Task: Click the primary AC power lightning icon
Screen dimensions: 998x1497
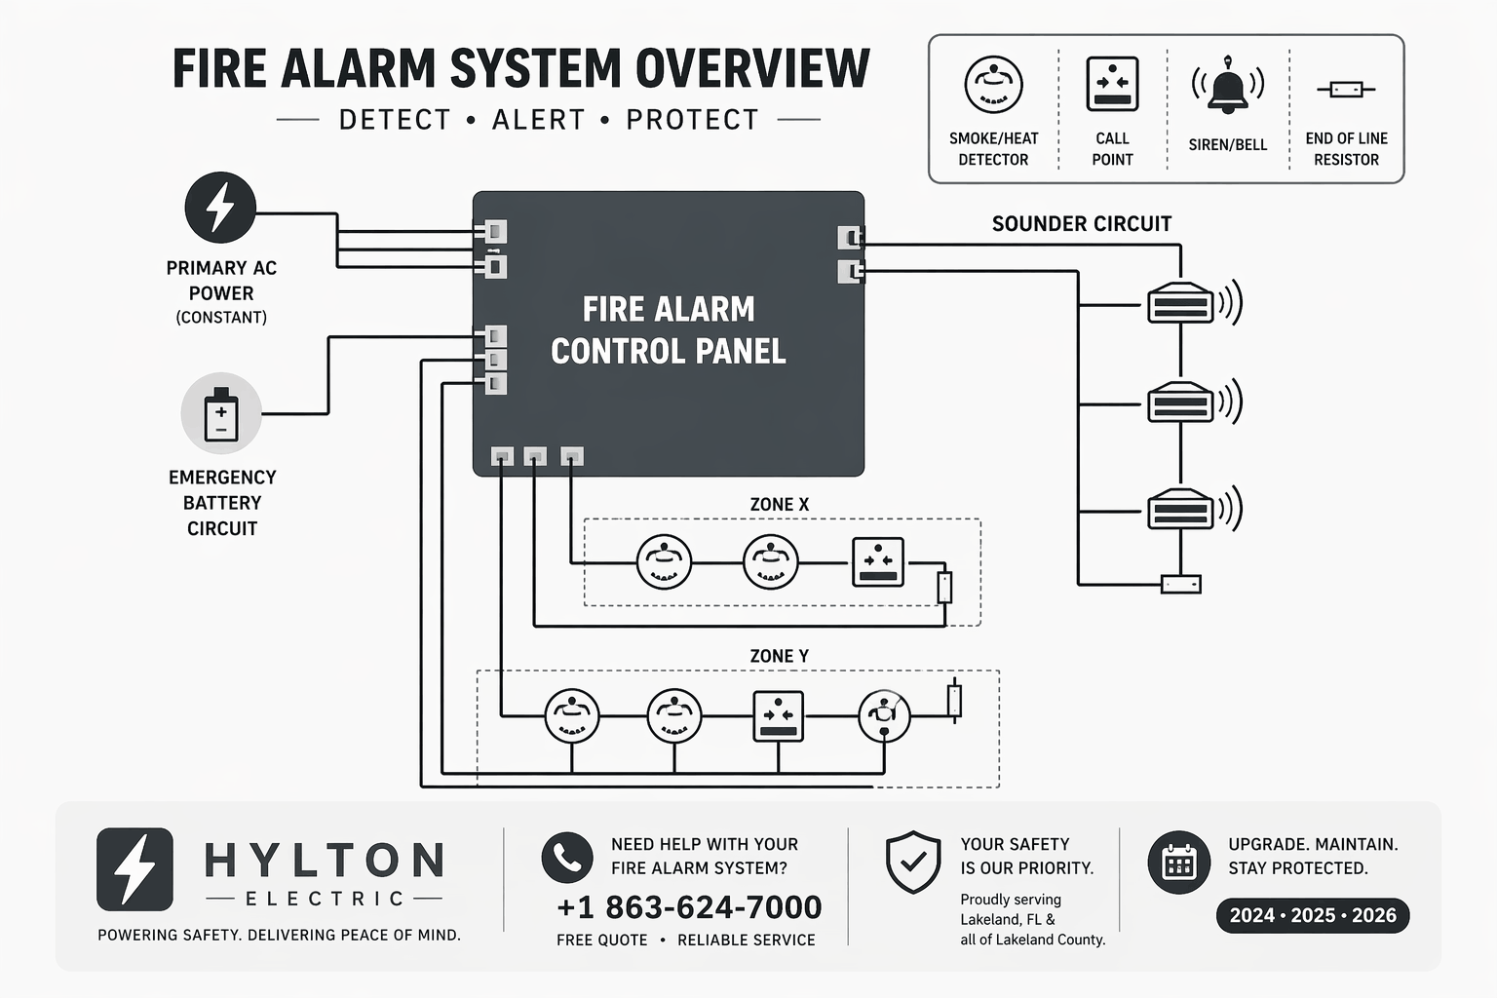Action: [x=220, y=208]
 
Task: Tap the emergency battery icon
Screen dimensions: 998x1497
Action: [x=221, y=413]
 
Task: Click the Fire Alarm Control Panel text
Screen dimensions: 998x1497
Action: [x=669, y=330]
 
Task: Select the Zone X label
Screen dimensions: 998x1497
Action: [x=779, y=505]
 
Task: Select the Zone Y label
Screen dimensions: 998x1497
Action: [x=779, y=656]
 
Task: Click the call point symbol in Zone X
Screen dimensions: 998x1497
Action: [x=877, y=562]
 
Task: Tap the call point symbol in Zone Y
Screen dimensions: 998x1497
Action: [x=778, y=716]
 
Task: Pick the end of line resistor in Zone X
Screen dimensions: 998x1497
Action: [x=943, y=588]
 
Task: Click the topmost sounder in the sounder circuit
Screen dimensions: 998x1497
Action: [x=1180, y=304]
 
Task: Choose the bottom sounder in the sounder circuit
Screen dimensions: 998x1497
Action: [x=1180, y=509]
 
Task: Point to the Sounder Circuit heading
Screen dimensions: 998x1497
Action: [x=1081, y=223]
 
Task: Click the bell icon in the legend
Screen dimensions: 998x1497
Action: [x=1227, y=88]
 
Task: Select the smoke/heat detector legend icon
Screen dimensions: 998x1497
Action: [x=993, y=86]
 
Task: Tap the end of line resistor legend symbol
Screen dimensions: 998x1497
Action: [x=1346, y=90]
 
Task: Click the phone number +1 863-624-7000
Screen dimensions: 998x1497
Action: [x=689, y=907]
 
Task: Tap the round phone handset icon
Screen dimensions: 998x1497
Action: [x=567, y=858]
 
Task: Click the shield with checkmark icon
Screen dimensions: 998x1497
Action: [x=913, y=862]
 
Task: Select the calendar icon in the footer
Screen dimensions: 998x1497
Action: [x=1179, y=863]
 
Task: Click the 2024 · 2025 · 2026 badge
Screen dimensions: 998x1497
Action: [x=1312, y=915]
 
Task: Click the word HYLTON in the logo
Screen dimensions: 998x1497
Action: [x=325, y=861]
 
